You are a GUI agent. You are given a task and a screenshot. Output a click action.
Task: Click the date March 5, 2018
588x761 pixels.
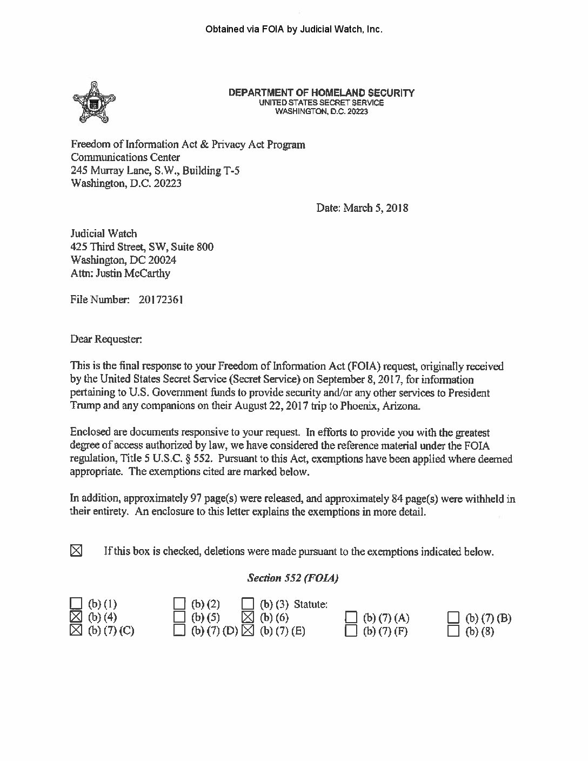pos(362,208)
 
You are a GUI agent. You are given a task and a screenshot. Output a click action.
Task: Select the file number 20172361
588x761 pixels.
pos(161,299)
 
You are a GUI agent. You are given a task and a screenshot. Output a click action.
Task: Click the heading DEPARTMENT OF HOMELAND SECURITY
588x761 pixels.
pos(322,92)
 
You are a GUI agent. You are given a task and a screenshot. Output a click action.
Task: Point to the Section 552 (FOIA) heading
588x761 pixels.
pos(293,578)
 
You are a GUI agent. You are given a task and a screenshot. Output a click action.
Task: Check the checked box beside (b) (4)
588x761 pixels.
pos(77,617)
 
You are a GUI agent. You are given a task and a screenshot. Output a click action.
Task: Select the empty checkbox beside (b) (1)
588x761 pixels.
pos(77,604)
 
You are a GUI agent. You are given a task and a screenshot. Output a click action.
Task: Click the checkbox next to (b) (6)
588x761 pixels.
pos(248,617)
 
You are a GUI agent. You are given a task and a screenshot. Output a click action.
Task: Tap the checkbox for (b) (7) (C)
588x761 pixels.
pos(77,630)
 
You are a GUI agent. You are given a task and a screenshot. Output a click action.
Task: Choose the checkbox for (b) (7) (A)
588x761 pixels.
pos(352,617)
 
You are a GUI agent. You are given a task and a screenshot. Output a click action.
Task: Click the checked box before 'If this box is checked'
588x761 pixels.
pos(77,551)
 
